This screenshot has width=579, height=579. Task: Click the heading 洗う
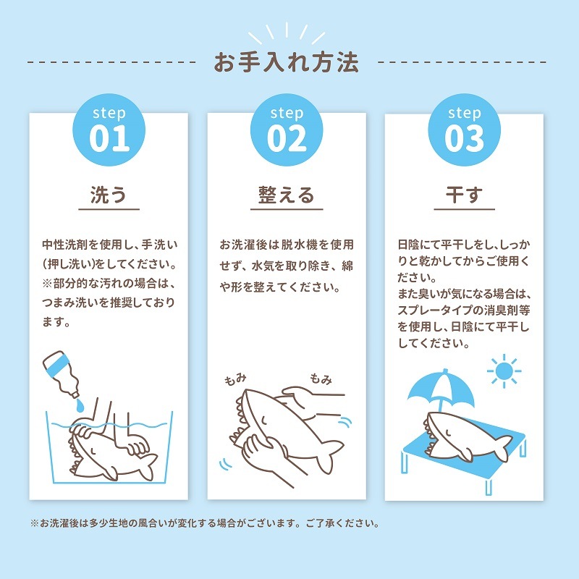coord(109,195)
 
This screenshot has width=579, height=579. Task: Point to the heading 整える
coord(287,195)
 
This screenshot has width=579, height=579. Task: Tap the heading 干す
coord(464,195)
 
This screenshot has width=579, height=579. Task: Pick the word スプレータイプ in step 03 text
coord(434,310)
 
